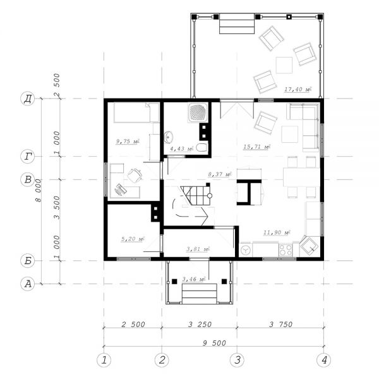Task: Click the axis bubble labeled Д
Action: click(x=28, y=99)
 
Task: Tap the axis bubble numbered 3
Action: click(x=238, y=359)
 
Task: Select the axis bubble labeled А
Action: click(x=28, y=284)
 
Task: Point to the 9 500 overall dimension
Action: click(x=214, y=343)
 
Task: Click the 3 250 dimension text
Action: click(x=200, y=324)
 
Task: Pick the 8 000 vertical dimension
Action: click(x=39, y=191)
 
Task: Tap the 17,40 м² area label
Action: click(x=297, y=89)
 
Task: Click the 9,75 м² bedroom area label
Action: click(x=128, y=141)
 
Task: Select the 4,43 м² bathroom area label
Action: click(x=181, y=148)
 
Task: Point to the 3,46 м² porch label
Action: click(x=194, y=279)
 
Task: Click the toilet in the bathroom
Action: click(x=202, y=147)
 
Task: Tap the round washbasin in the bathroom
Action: click(x=169, y=137)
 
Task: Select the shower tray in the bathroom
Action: click(x=198, y=113)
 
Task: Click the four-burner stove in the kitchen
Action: click(x=286, y=250)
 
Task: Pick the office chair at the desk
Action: click(x=134, y=175)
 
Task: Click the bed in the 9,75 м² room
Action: click(x=136, y=112)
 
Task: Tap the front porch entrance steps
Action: click(x=200, y=294)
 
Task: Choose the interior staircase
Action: click(x=195, y=195)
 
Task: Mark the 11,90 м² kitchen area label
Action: click(x=277, y=232)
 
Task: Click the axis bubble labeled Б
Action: click(x=28, y=261)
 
